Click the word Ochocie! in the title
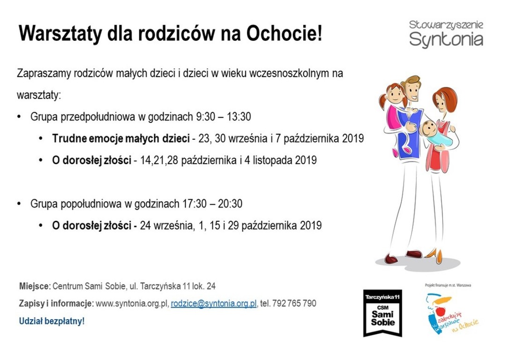tap(284, 33)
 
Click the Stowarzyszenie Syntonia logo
tap(446, 34)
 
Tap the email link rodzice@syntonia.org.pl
tap(214, 303)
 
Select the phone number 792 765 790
tap(294, 303)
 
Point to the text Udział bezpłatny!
tap(52, 321)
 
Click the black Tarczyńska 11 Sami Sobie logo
tap(383, 313)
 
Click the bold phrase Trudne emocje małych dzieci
tap(121, 138)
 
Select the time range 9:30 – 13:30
tap(224, 117)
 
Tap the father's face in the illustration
tap(412, 91)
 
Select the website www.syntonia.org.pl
tap(132, 303)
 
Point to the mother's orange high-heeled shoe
tap(435, 255)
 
